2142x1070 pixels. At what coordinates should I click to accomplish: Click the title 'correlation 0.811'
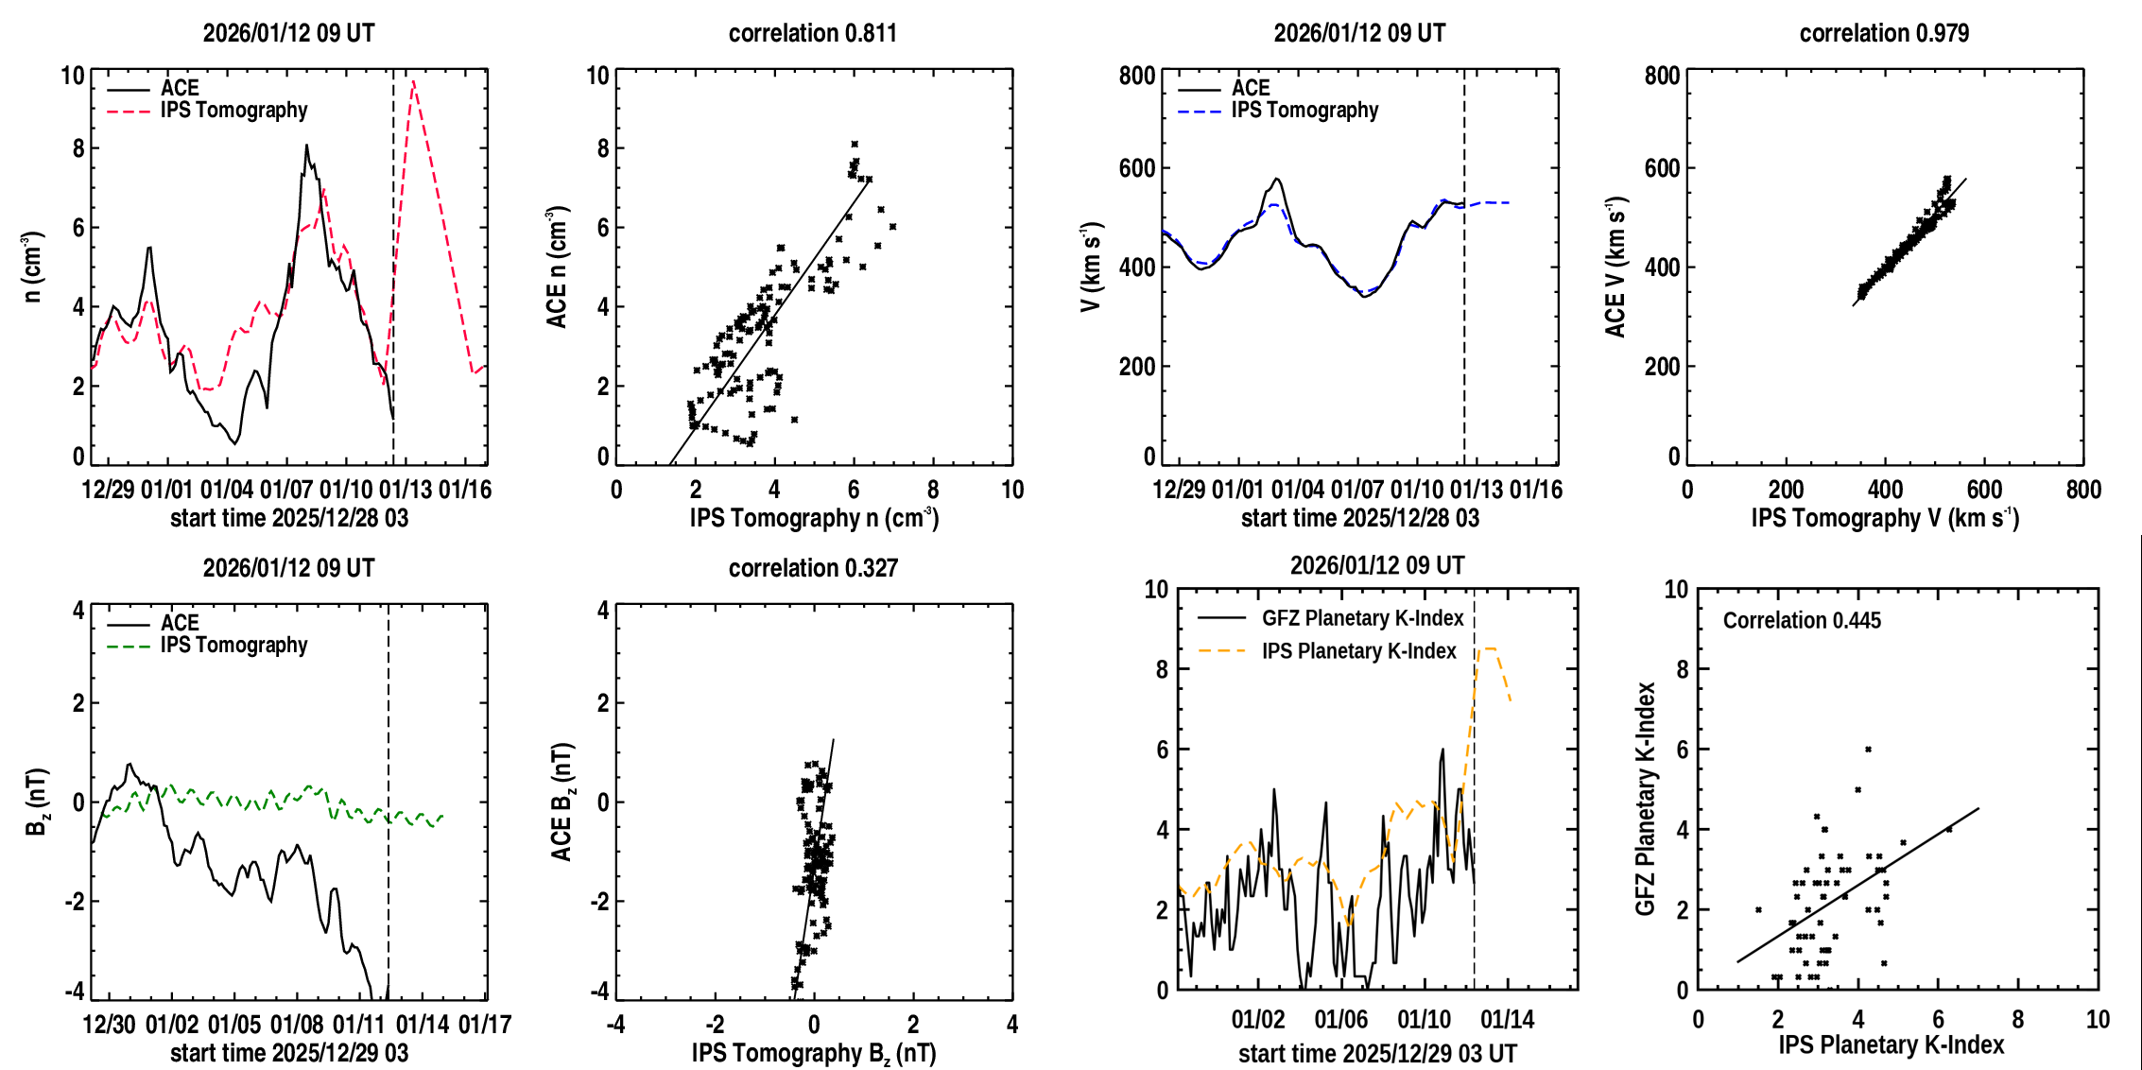pos(812,33)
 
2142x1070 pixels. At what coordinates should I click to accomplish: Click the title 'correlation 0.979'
pos(1884,33)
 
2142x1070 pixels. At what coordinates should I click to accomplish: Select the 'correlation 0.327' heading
pos(813,568)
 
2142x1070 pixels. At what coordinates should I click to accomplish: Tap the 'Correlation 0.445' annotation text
pos(1802,620)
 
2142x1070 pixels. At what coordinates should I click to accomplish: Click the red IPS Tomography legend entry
pos(233,111)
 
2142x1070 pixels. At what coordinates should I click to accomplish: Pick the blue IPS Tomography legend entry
pos(1304,111)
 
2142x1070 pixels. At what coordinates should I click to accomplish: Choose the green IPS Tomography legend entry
pos(233,646)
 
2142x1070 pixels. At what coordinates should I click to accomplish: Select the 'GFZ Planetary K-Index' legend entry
pos(1362,618)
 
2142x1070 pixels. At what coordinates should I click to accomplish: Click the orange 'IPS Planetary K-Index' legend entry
pos(1358,651)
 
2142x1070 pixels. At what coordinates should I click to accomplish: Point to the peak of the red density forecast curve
pos(413,81)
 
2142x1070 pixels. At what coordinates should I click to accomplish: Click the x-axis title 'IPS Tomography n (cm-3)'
pos(813,518)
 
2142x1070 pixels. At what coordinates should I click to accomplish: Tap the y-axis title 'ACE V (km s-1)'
pos(1615,267)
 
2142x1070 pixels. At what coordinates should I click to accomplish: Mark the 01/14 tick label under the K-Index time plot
pos(1507,1020)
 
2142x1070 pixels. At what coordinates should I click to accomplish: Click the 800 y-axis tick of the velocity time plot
pos(1137,76)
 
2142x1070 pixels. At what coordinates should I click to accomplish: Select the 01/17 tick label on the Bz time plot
pos(484,1025)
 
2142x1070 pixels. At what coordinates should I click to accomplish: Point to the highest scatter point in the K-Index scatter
pos(1868,750)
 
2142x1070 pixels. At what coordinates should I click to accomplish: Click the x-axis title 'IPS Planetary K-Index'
pos(1892,1044)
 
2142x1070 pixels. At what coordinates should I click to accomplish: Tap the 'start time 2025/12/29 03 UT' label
pos(1377,1054)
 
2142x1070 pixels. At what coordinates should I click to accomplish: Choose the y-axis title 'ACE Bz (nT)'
pos(562,802)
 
